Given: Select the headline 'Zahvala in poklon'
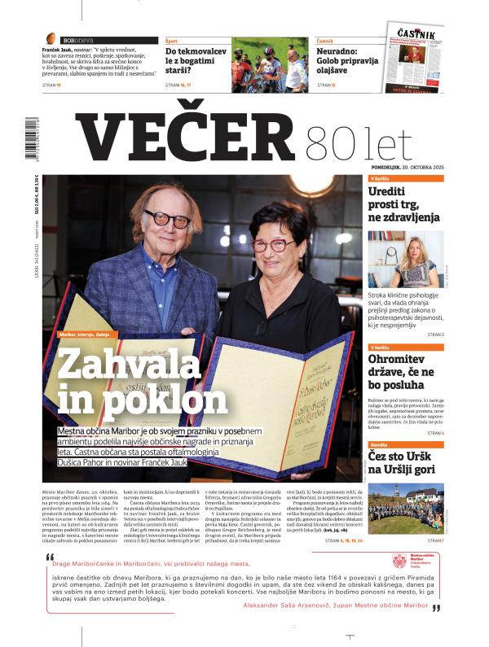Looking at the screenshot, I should (x=142, y=383).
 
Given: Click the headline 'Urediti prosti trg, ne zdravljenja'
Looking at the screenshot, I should (x=404, y=204).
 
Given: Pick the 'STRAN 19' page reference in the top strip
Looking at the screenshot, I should (x=53, y=85).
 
